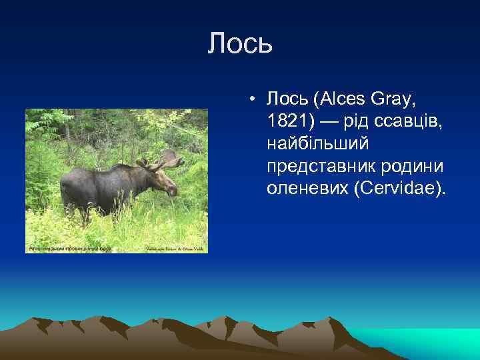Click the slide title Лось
click(240, 44)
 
